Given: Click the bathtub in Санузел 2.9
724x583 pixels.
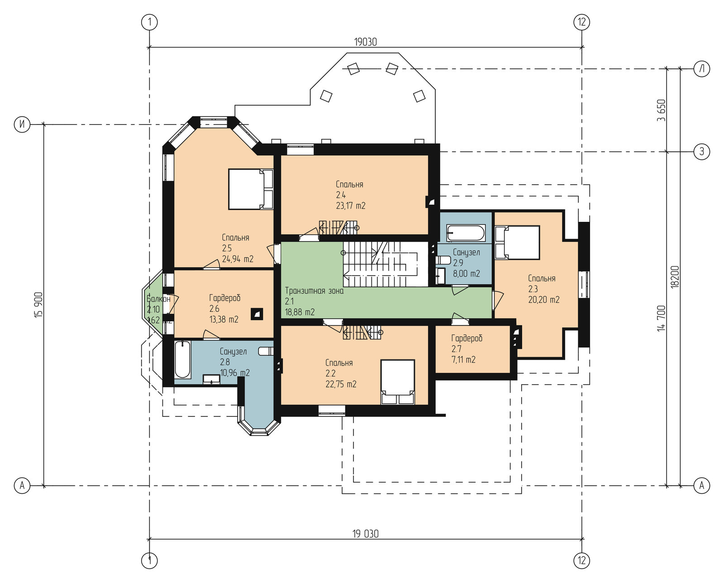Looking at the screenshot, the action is pos(466,233).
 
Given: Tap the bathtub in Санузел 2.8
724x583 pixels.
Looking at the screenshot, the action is pos(183,359).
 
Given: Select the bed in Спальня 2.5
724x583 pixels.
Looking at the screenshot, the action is pos(251,189).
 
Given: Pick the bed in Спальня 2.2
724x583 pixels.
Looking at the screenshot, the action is pos(398,382).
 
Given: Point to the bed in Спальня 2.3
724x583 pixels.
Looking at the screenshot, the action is pos(517,242).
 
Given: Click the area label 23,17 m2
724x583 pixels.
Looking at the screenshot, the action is pos(351,205).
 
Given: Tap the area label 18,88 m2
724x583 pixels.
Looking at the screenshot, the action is pos(300,312).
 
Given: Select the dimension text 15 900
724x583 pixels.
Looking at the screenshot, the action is pos(39,305).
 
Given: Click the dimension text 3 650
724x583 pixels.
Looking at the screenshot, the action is pos(661,110).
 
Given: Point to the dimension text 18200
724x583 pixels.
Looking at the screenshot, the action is pos(675,277).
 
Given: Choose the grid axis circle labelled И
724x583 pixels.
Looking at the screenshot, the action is pos(22,124).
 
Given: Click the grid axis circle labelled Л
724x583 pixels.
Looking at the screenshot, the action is pos(702,69).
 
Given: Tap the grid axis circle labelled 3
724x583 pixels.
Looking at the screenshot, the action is pos(702,152).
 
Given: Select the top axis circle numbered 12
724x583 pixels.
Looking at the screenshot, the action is pos(582,22).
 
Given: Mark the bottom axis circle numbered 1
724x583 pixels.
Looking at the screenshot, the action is pos(149,561).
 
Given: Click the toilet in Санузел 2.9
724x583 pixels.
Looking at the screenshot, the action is pos(443,260).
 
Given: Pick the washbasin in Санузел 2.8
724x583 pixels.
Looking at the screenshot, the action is pos(211,379).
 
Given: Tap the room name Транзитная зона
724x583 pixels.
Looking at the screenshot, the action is pos(314,291).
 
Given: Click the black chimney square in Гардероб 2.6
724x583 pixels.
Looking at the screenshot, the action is pos(257,314).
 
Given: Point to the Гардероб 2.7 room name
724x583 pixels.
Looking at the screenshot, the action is pos(467,338).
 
